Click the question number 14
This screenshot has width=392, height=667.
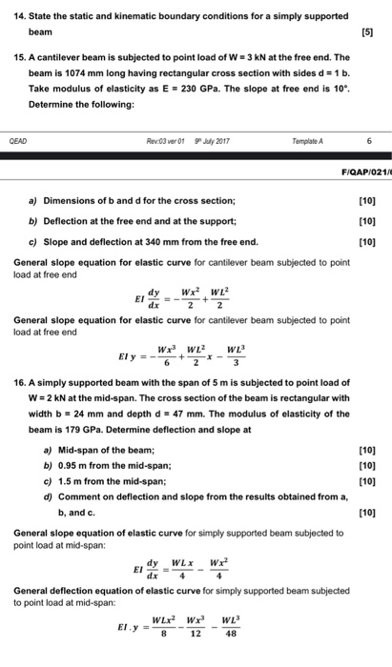tap(20, 16)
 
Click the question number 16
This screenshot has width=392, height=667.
tap(21, 376)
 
